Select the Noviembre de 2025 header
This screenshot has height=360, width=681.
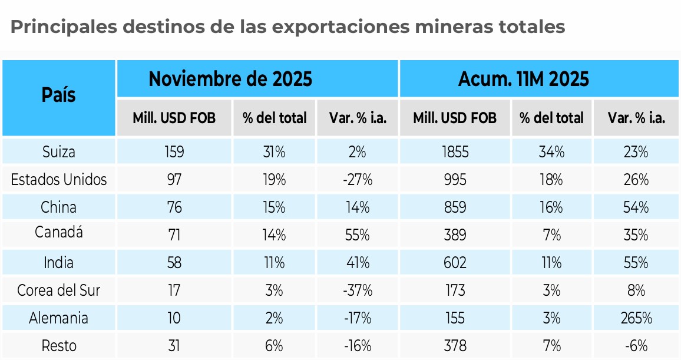click(230, 79)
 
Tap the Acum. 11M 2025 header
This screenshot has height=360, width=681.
click(524, 79)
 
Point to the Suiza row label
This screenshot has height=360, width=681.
click(58, 152)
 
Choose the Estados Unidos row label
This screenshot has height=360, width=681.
click(58, 180)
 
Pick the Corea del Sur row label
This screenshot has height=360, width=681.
click(58, 290)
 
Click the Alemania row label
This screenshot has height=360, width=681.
click(58, 318)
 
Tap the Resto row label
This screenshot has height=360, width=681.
click(58, 346)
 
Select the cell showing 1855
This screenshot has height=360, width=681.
click(454, 152)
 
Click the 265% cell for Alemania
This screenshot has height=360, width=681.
click(637, 318)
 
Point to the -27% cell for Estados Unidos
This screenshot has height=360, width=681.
click(357, 180)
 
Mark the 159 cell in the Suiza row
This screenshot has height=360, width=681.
click(174, 152)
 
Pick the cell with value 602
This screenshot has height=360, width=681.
click(454, 263)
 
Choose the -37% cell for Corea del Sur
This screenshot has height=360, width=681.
click(357, 290)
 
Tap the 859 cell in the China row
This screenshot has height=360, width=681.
click(454, 207)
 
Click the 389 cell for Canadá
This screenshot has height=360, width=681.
click(454, 235)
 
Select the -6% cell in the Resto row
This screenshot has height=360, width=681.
click(637, 346)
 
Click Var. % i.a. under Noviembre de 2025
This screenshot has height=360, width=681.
click(357, 118)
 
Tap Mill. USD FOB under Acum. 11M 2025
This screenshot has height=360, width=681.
click(454, 118)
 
